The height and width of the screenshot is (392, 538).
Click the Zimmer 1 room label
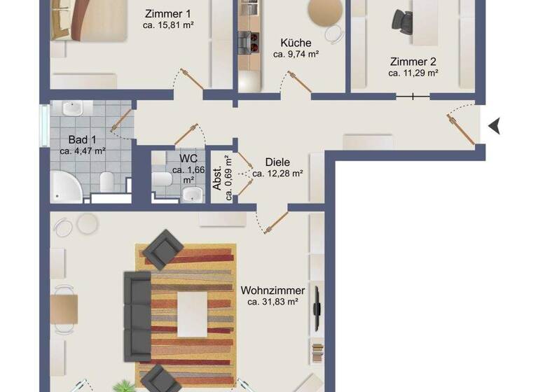coord(168,13)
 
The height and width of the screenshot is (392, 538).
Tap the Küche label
coord(296,41)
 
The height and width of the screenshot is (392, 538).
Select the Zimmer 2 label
coord(413,60)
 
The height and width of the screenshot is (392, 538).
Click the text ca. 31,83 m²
coord(273,302)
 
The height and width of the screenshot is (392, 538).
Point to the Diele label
coord(277,162)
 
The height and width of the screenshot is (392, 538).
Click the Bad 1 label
coord(82,139)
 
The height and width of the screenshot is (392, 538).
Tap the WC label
coord(188,158)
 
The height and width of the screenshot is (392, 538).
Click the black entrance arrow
coord(496,126)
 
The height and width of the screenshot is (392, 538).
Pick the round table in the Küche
coord(326,11)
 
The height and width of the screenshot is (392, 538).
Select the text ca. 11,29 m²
coord(413,72)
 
